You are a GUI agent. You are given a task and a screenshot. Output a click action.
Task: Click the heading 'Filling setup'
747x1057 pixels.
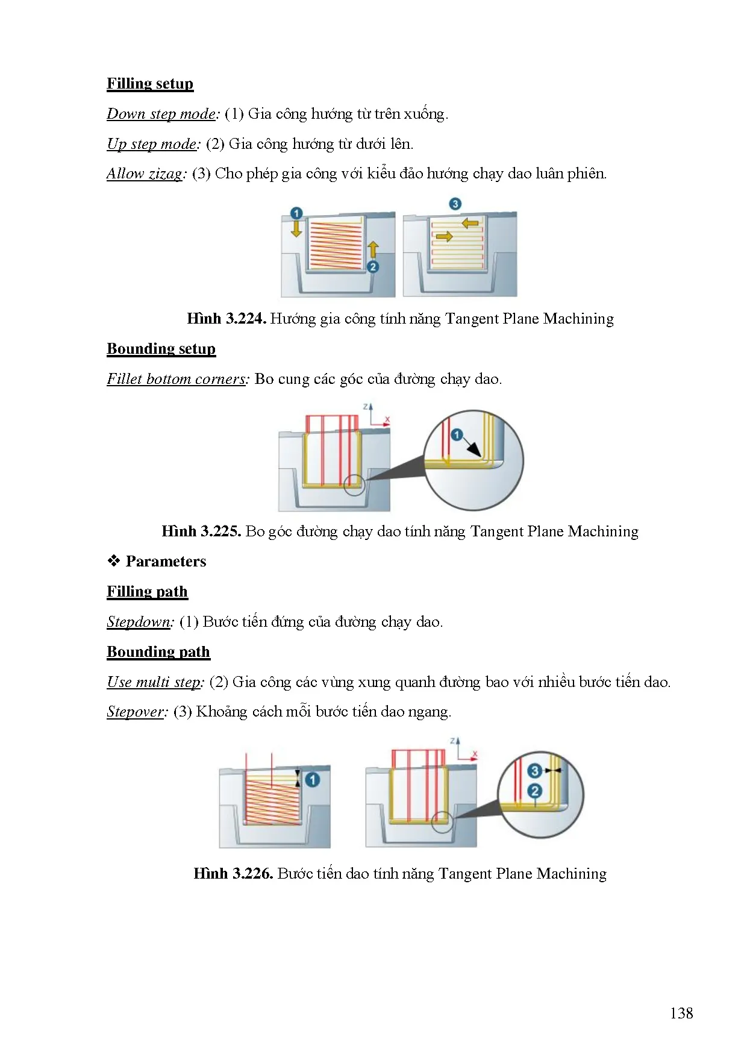click(150, 84)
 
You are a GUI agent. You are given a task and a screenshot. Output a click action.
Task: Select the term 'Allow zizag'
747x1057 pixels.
click(145, 174)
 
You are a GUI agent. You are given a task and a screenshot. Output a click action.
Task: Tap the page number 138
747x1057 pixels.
click(681, 1013)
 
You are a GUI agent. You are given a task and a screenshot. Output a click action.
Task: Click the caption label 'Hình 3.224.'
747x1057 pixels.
click(227, 319)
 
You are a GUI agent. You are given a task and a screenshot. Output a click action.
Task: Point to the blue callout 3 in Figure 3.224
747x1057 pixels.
click(455, 204)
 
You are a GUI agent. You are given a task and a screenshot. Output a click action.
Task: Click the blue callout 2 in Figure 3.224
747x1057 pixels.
click(373, 266)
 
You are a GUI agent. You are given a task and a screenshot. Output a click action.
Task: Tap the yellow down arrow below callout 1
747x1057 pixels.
click(296, 228)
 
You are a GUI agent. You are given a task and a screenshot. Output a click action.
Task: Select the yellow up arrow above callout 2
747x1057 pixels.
click(373, 249)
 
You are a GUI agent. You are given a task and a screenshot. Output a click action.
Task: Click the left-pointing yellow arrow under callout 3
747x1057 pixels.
click(469, 224)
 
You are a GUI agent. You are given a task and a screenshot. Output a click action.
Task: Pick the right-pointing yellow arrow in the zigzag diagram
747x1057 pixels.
click(444, 237)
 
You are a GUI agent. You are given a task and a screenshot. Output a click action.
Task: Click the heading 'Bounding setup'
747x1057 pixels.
click(161, 349)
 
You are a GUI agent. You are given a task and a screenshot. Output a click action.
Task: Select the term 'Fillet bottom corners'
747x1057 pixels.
click(177, 379)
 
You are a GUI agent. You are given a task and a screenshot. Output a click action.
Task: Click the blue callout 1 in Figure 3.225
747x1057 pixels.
click(457, 434)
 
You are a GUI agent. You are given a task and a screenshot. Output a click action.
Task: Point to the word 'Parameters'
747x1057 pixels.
click(166, 562)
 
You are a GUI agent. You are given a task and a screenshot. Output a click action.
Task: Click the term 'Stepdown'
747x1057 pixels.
click(139, 622)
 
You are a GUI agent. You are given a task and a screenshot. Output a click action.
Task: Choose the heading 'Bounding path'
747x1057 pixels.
click(158, 652)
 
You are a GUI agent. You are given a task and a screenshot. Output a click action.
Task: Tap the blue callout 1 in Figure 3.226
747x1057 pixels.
click(312, 780)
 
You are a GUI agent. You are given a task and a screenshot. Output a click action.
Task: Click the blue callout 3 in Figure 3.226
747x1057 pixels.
click(534, 771)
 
